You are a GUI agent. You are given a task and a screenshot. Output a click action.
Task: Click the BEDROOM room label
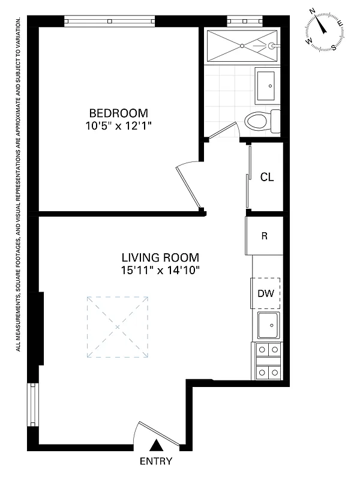(x=118, y=113)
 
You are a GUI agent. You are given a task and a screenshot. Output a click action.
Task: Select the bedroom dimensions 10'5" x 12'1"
(x=118, y=125)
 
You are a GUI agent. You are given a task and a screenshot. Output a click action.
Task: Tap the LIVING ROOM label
(x=159, y=257)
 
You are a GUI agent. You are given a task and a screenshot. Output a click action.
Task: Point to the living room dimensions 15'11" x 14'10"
(x=159, y=270)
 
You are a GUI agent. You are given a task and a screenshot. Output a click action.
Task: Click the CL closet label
(x=267, y=178)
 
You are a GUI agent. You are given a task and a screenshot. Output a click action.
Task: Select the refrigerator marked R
(x=264, y=236)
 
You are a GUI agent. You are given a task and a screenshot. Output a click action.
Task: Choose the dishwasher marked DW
(x=266, y=293)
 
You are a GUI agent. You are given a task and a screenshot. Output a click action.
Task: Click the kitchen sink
(x=268, y=326)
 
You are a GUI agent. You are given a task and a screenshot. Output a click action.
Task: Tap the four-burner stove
(x=268, y=361)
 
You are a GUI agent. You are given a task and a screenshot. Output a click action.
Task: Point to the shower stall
(x=243, y=45)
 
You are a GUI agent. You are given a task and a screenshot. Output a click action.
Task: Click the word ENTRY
(x=155, y=461)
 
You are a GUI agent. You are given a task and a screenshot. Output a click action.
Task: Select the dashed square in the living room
(x=117, y=327)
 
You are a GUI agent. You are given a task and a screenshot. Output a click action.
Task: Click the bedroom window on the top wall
(x=109, y=21)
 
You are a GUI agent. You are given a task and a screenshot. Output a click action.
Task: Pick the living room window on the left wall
(x=34, y=405)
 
